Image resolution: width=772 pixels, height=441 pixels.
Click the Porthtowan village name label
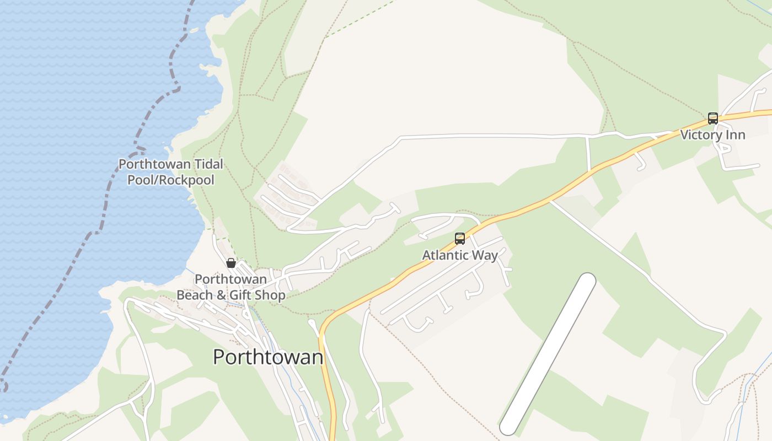pos(268,357)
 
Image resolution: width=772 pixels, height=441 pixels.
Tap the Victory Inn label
pos(712,135)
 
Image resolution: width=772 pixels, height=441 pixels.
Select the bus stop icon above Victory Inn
pos(712,119)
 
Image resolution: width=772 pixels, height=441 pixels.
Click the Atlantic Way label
pos(460,255)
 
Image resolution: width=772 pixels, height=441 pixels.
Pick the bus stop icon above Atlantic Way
pos(460,239)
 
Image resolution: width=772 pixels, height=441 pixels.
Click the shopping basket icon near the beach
pos(231,263)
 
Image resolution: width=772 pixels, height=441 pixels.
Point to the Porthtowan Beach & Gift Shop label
pos(230,287)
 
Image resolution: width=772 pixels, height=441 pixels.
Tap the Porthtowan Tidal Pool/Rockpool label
pos(171,172)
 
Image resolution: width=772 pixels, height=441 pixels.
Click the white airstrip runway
pos(548,353)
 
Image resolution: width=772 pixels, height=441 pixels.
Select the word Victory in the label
pos(701,135)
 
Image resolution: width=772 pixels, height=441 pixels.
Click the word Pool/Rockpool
pos(171,180)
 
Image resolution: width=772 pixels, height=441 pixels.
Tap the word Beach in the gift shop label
pos(194,295)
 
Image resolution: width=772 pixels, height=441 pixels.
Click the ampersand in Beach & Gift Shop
pos(220,295)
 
